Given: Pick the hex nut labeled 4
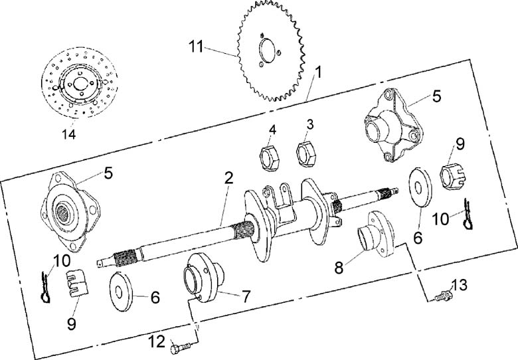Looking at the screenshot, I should pyautogui.click(x=268, y=157).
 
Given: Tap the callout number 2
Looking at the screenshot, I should pyautogui.click(x=228, y=178).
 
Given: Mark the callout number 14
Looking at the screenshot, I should pyautogui.click(x=69, y=135).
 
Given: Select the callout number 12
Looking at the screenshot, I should pyautogui.click(x=157, y=341).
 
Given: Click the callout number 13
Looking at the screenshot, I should pyautogui.click(x=460, y=286).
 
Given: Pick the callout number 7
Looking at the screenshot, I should pyautogui.click(x=246, y=296).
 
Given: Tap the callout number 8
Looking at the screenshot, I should pyautogui.click(x=339, y=268).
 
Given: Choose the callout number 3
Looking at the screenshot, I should pyautogui.click(x=309, y=124).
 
